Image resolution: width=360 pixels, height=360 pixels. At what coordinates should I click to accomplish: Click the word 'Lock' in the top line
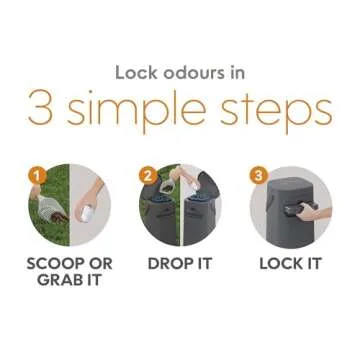(136, 73)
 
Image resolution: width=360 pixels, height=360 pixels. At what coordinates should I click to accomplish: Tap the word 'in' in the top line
(238, 73)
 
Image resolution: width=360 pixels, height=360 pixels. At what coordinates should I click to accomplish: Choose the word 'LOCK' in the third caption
(280, 264)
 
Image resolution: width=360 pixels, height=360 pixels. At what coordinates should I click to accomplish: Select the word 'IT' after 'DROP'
(202, 264)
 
